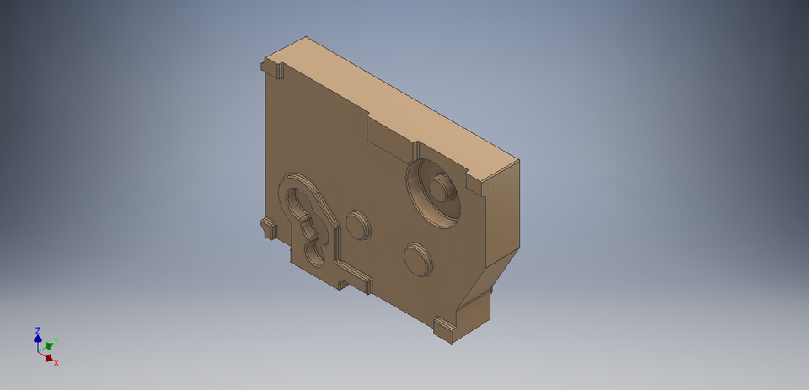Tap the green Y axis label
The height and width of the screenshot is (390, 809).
55,343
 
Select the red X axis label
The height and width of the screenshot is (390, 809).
56,362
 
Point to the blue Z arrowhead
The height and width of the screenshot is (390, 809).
38,339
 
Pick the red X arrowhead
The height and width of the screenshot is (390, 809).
49,357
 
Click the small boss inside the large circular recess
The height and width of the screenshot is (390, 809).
439,187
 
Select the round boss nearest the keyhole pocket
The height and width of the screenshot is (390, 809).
357,223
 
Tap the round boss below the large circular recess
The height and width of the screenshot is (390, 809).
416,258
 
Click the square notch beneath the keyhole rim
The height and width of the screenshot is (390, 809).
342,282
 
